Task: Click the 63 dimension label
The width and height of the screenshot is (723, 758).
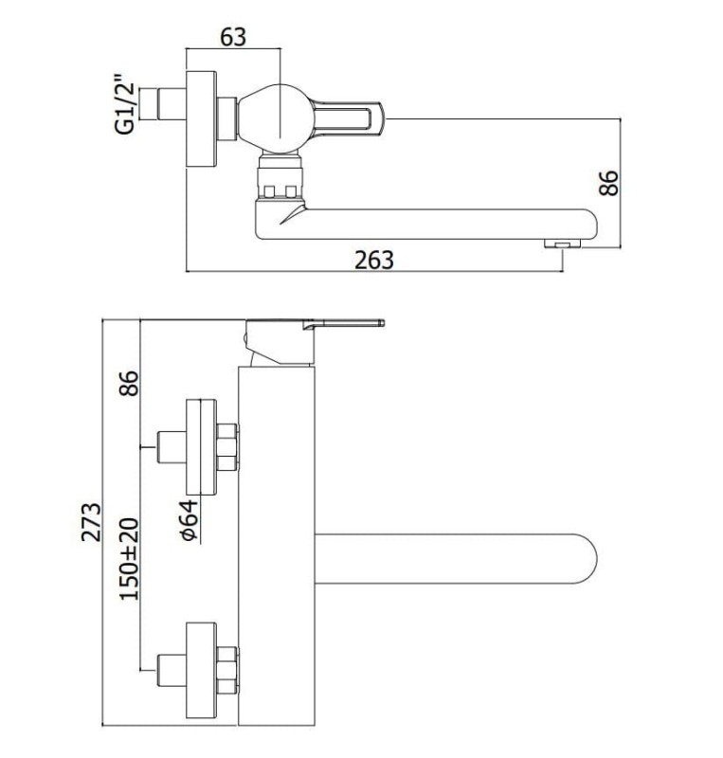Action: [x=233, y=37]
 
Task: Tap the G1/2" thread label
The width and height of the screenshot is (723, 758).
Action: [x=124, y=104]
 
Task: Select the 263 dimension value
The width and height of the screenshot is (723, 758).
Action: [x=374, y=260]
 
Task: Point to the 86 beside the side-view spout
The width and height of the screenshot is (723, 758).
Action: [x=608, y=183]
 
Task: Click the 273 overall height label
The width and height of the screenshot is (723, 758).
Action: [x=91, y=522]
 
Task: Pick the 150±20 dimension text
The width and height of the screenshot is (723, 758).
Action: [x=129, y=559]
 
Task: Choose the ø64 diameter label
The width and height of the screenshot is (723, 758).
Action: [x=189, y=519]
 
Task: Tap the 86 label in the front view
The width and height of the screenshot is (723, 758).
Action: [x=129, y=384]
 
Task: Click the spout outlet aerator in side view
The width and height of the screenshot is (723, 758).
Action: [x=562, y=244]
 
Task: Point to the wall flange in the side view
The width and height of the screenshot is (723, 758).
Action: [x=201, y=119]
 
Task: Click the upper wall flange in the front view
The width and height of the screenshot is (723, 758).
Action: [x=201, y=447]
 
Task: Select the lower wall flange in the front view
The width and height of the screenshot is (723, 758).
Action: [x=201, y=671]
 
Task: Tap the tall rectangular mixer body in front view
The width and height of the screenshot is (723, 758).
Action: [x=276, y=546]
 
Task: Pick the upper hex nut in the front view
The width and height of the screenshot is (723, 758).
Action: [x=227, y=447]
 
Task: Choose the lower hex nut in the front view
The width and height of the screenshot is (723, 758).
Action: [x=227, y=671]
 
